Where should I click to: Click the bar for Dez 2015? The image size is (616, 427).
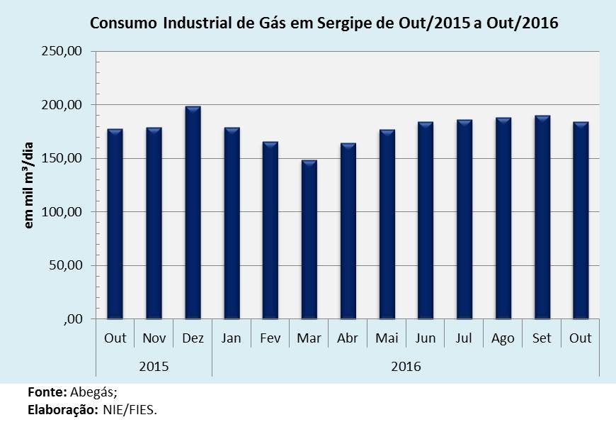pos(193,213)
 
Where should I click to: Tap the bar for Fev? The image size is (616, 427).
pos(270,231)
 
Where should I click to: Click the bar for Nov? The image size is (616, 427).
pos(154,223)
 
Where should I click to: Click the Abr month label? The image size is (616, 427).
pos(348,338)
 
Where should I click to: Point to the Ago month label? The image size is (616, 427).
pos(503,338)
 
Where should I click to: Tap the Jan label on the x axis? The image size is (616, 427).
pos(231,338)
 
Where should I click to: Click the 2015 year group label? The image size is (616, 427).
pos(154,366)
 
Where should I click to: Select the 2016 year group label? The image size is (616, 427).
pos(406,366)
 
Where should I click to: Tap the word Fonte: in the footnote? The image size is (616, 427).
pos(47,392)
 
